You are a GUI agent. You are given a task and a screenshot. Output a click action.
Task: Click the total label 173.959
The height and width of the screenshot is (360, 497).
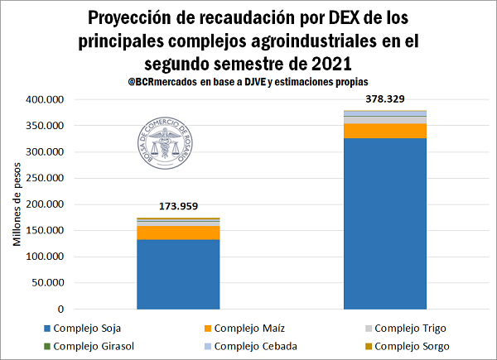click(179, 206)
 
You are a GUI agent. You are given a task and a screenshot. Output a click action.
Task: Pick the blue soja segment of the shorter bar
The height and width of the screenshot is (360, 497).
click(179, 273)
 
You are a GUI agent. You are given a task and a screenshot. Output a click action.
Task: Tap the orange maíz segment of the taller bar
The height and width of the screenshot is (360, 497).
click(385, 131)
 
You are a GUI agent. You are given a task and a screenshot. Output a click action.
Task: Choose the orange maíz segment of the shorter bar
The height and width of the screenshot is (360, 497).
click(179, 233)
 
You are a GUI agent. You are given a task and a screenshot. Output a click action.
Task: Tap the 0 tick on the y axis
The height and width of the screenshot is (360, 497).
click(61, 308)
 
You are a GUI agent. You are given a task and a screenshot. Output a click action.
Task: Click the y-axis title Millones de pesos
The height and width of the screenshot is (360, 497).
click(18, 204)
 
